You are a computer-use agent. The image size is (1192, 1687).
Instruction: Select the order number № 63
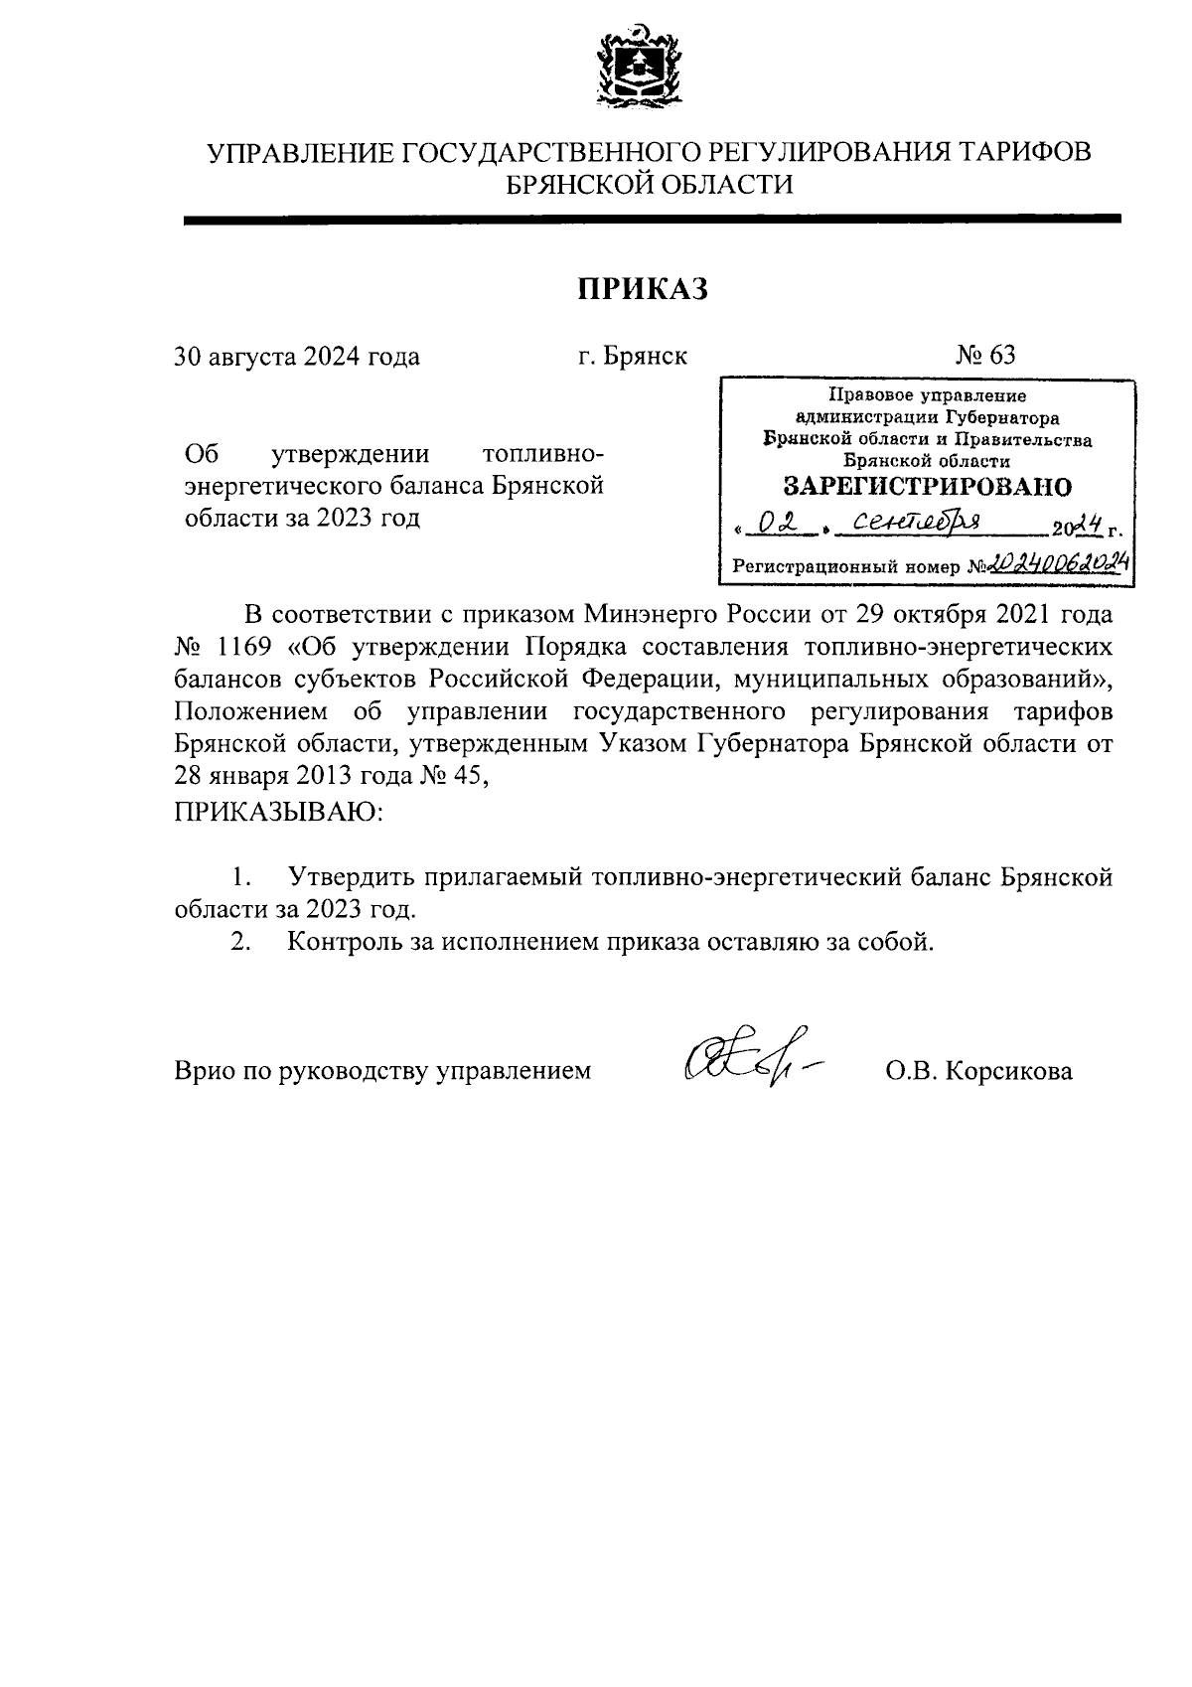(985, 355)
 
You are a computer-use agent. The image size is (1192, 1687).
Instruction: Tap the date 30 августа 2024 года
(297, 356)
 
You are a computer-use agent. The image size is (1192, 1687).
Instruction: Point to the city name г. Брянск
(632, 356)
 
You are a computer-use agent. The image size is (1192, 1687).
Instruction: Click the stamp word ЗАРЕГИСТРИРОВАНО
(927, 487)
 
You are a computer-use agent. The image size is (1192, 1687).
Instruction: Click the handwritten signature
(751, 1059)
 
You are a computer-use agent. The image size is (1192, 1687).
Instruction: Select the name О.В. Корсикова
(978, 1071)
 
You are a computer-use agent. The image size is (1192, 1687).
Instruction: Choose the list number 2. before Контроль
(239, 941)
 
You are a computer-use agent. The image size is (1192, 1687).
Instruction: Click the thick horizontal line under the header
(652, 220)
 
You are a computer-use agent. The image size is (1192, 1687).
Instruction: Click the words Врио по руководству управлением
(382, 1071)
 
